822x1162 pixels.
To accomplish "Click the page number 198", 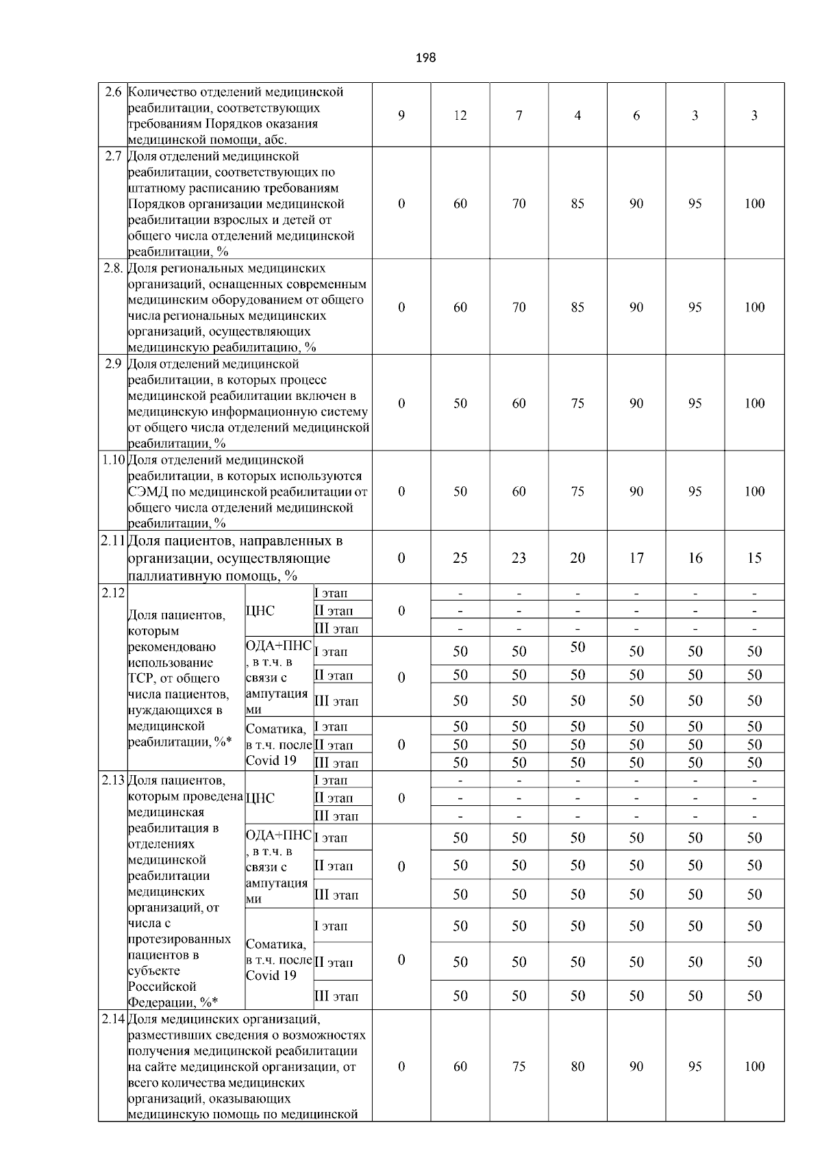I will tap(425, 58).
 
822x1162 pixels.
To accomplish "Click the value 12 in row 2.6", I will tap(460, 116).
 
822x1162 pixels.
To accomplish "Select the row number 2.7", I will tap(113, 157).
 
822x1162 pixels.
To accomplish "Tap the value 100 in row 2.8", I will tap(754, 307).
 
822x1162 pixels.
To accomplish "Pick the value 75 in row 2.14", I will tap(519, 1066).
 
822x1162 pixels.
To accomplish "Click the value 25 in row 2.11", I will tap(460, 558).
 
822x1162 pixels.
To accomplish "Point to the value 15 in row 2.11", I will tap(754, 558).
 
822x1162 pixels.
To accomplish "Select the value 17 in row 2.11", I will tap(636, 558).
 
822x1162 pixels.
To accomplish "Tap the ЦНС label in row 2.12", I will tap(260, 611).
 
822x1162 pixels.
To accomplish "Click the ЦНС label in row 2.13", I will tap(260, 798).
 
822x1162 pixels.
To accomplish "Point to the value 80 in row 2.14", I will tap(577, 1066).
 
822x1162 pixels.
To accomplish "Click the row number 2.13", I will tap(113, 781).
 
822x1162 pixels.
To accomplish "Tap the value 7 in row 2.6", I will tap(519, 116).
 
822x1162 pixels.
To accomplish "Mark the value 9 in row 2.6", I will tap(401, 116).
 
